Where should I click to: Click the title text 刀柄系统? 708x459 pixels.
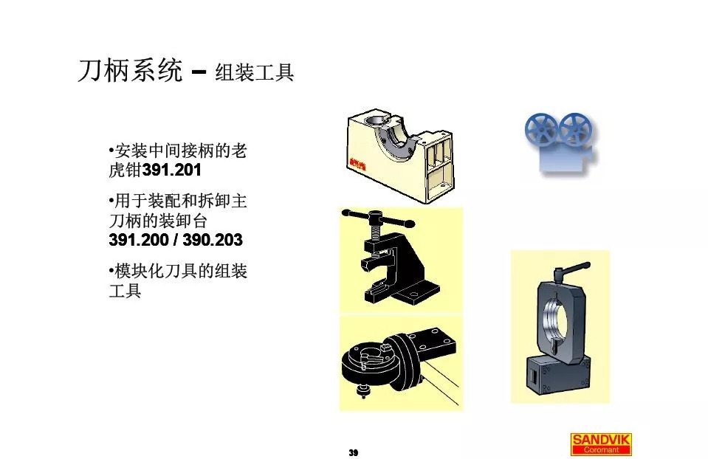point(129,72)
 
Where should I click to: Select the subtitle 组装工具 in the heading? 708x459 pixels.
point(254,73)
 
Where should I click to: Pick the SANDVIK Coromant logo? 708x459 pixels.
point(602,443)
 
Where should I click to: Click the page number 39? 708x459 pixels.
point(354,452)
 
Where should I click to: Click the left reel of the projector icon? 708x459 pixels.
point(541,129)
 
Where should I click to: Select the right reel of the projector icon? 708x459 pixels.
point(573,129)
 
